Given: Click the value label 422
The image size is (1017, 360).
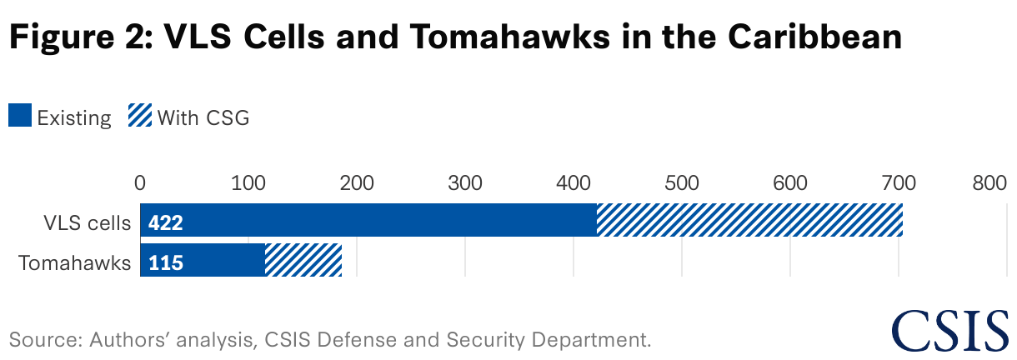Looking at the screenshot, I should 166,223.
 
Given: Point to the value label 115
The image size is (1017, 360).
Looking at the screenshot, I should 166,263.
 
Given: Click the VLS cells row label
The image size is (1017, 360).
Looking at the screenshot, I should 88,223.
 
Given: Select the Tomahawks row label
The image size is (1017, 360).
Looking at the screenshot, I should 75,263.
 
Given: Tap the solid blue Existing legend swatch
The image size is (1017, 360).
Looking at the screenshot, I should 20,117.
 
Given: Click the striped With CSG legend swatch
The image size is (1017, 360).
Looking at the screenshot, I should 139,117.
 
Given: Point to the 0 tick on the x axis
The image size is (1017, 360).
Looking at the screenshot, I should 140,182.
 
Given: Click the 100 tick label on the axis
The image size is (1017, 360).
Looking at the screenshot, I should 248,182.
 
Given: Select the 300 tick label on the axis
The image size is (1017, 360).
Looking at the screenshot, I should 465,182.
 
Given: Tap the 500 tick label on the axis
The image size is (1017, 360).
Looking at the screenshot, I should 682,182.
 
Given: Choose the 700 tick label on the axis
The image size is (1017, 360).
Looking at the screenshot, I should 899,182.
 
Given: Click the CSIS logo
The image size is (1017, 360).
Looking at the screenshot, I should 949,330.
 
